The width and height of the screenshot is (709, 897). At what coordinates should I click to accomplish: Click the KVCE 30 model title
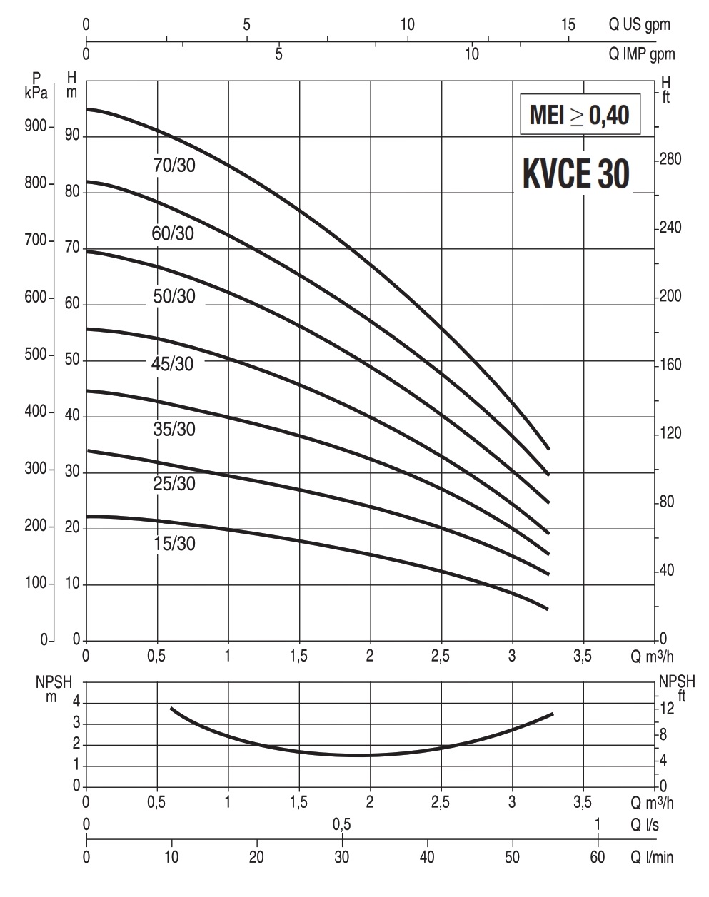[x=576, y=174]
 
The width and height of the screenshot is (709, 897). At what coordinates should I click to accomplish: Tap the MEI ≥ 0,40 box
[x=579, y=114]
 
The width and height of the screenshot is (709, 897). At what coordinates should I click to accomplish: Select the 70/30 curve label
[x=174, y=166]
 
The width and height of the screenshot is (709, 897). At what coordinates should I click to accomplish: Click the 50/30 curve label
[x=174, y=295]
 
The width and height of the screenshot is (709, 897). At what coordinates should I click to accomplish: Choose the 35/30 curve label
[x=174, y=430]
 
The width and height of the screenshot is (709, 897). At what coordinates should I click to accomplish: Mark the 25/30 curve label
[x=174, y=484]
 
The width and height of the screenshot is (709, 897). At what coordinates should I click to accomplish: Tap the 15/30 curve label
[x=174, y=544]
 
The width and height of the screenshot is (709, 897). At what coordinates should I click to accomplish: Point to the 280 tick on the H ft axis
[x=671, y=159]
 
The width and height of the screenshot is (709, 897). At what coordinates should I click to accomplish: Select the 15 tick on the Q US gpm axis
[x=568, y=24]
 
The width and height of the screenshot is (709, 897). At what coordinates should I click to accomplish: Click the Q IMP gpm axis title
[x=641, y=54]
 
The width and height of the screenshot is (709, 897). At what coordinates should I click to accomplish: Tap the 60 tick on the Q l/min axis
[x=598, y=856]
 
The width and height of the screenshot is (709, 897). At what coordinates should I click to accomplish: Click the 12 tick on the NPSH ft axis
[x=667, y=709]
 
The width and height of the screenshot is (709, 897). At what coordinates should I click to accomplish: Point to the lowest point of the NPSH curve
[x=357, y=755]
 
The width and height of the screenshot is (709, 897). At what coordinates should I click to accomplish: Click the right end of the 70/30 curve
[x=548, y=449]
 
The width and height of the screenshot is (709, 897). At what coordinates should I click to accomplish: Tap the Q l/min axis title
[x=650, y=856]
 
